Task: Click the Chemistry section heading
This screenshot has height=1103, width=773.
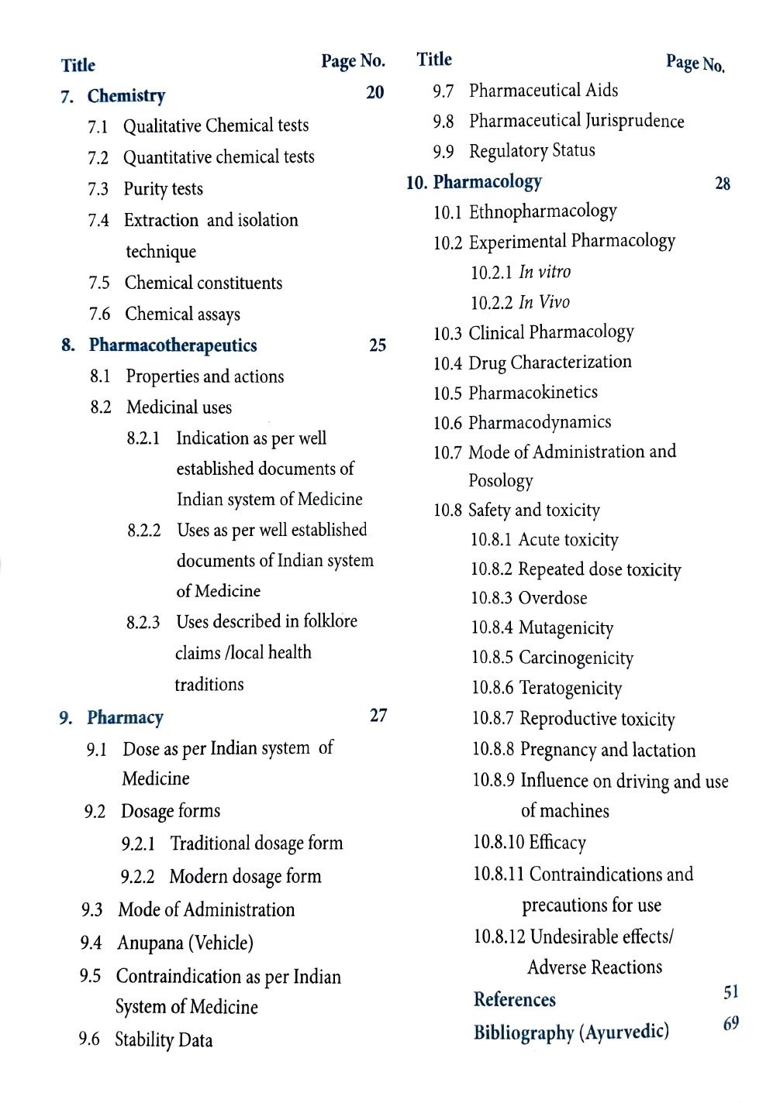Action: click(x=126, y=96)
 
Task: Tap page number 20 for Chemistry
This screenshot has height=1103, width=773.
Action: click(x=374, y=93)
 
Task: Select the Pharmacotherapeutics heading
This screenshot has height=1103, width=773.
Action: click(x=172, y=345)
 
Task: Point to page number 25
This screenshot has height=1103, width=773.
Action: click(x=378, y=345)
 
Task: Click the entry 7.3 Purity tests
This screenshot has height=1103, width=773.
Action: click(x=163, y=189)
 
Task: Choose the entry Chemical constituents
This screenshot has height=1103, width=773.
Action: click(x=203, y=283)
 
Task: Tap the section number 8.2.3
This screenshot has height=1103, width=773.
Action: click(x=143, y=623)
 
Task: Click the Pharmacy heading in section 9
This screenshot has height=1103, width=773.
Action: click(x=125, y=717)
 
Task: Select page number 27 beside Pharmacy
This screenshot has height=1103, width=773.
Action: click(x=378, y=716)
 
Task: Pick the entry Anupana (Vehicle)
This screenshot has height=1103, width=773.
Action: click(x=185, y=943)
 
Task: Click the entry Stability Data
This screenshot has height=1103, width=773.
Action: click(x=163, y=1039)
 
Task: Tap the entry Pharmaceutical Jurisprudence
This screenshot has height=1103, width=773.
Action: click(x=576, y=122)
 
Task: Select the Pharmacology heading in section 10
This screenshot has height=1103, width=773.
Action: click(x=487, y=182)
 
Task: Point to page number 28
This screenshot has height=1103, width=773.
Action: click(x=722, y=184)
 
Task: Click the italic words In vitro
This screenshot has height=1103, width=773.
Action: click(x=544, y=272)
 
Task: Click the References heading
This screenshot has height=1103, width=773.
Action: click(x=514, y=1000)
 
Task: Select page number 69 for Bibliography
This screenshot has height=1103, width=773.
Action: click(x=730, y=1024)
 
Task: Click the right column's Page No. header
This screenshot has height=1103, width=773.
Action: click(x=695, y=64)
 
